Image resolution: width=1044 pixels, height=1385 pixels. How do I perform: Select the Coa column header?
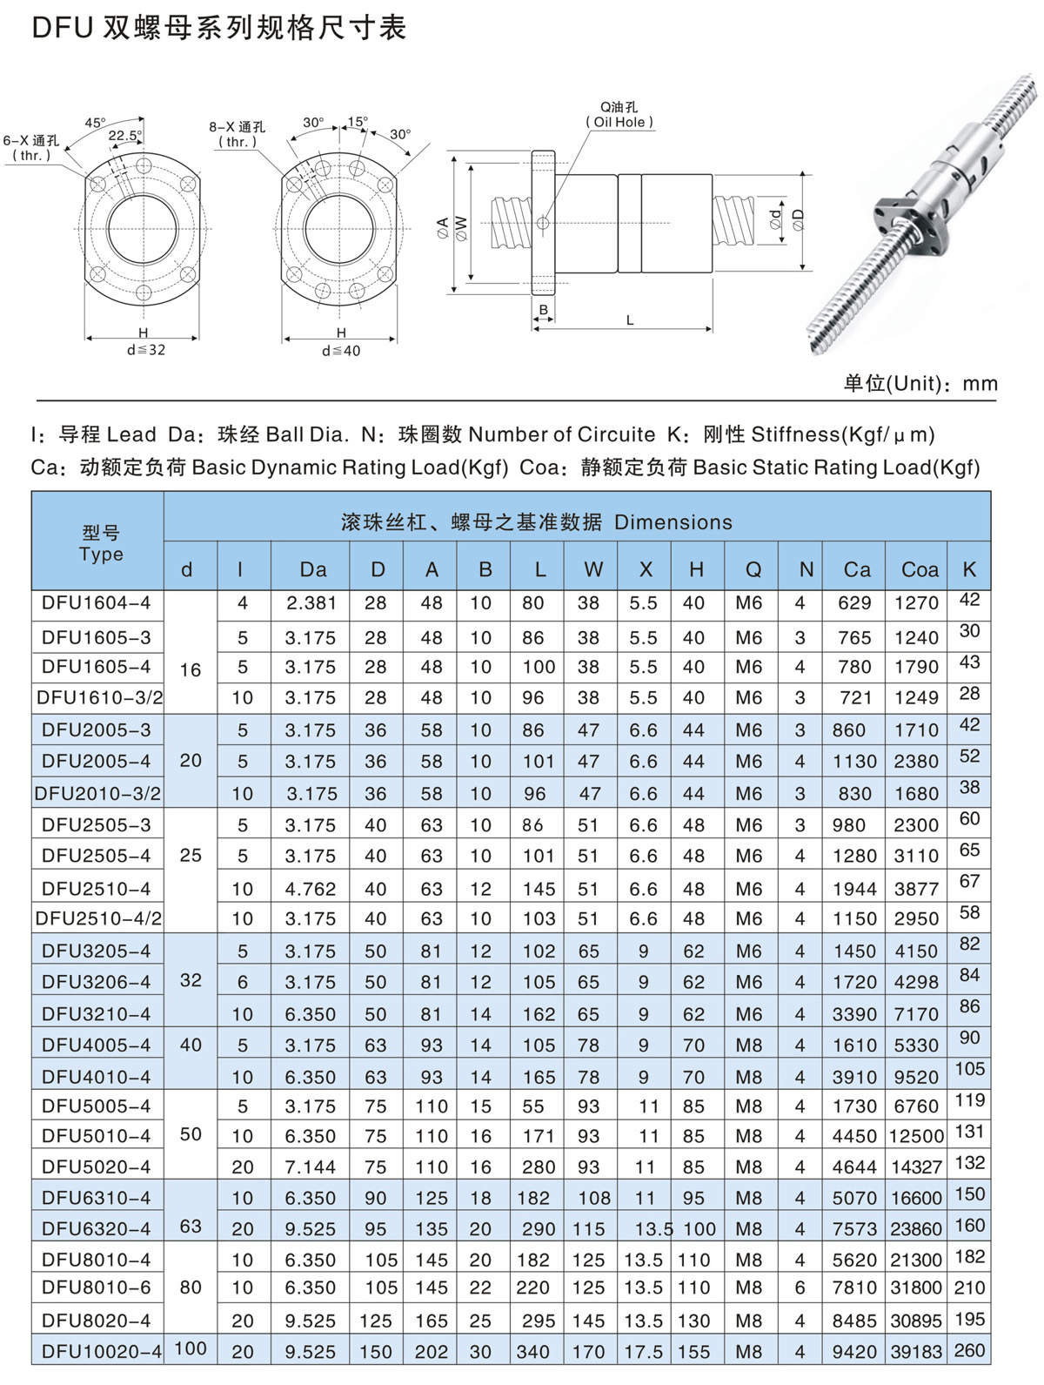[x=920, y=570]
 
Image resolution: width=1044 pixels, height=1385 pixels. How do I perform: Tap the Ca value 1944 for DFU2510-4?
[x=854, y=889]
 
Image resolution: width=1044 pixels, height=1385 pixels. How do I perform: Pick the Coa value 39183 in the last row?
[x=916, y=1352]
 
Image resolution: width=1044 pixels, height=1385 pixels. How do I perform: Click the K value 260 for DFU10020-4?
[x=969, y=1350]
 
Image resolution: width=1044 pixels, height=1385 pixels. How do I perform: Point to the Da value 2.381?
[x=310, y=603]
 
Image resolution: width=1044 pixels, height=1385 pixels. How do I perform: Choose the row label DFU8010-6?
[x=96, y=1288]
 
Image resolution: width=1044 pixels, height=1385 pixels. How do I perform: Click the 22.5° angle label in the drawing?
[x=124, y=136]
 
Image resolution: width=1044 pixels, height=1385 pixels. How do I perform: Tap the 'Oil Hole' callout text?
[x=619, y=123]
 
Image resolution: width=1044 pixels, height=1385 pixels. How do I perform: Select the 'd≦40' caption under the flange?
[x=341, y=351]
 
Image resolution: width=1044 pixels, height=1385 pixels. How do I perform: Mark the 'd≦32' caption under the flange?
[x=145, y=350]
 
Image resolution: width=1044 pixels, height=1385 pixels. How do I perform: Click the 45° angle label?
[x=95, y=123]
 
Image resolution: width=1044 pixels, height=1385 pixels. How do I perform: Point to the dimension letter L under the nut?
[x=630, y=320]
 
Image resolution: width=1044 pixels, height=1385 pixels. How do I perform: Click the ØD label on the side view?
[x=799, y=220]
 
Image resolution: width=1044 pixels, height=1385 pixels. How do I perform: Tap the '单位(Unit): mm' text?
[x=920, y=384]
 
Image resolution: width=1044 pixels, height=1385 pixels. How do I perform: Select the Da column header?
[x=313, y=570]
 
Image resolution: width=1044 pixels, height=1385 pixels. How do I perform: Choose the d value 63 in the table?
[x=191, y=1227]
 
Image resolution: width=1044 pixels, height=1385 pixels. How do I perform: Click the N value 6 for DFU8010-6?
[x=800, y=1288]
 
